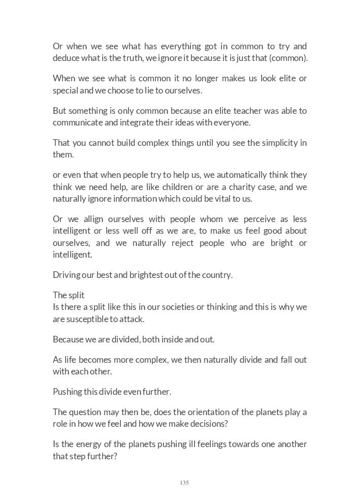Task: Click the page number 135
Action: (x=184, y=483)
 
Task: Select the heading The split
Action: (x=69, y=295)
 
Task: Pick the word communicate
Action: (x=79, y=122)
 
